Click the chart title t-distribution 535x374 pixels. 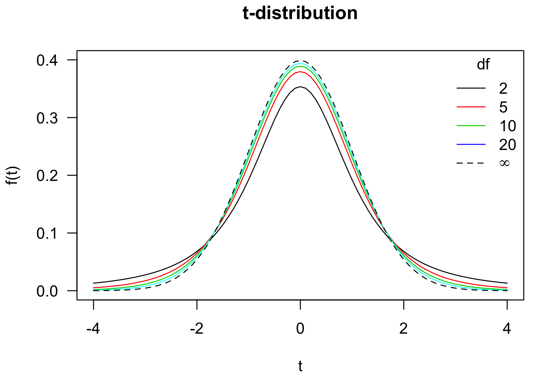coord(300,13)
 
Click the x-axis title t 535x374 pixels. coord(300,366)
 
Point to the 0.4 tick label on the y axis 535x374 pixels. coord(47,60)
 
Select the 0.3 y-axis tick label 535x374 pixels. coord(47,118)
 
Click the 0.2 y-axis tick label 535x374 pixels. coord(47,176)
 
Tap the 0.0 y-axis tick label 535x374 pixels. coord(47,291)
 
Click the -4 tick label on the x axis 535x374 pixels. coord(93,329)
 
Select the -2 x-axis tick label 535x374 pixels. coord(197,329)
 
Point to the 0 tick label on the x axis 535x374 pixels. coord(300,329)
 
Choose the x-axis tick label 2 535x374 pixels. coord(404,329)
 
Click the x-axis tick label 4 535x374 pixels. coord(507,329)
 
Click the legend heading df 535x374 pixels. coord(483,65)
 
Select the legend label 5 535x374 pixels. coord(503,107)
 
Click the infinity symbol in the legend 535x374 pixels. coord(504,163)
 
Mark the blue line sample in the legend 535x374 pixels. coord(471,144)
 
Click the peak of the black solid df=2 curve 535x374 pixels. coord(300,87)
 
